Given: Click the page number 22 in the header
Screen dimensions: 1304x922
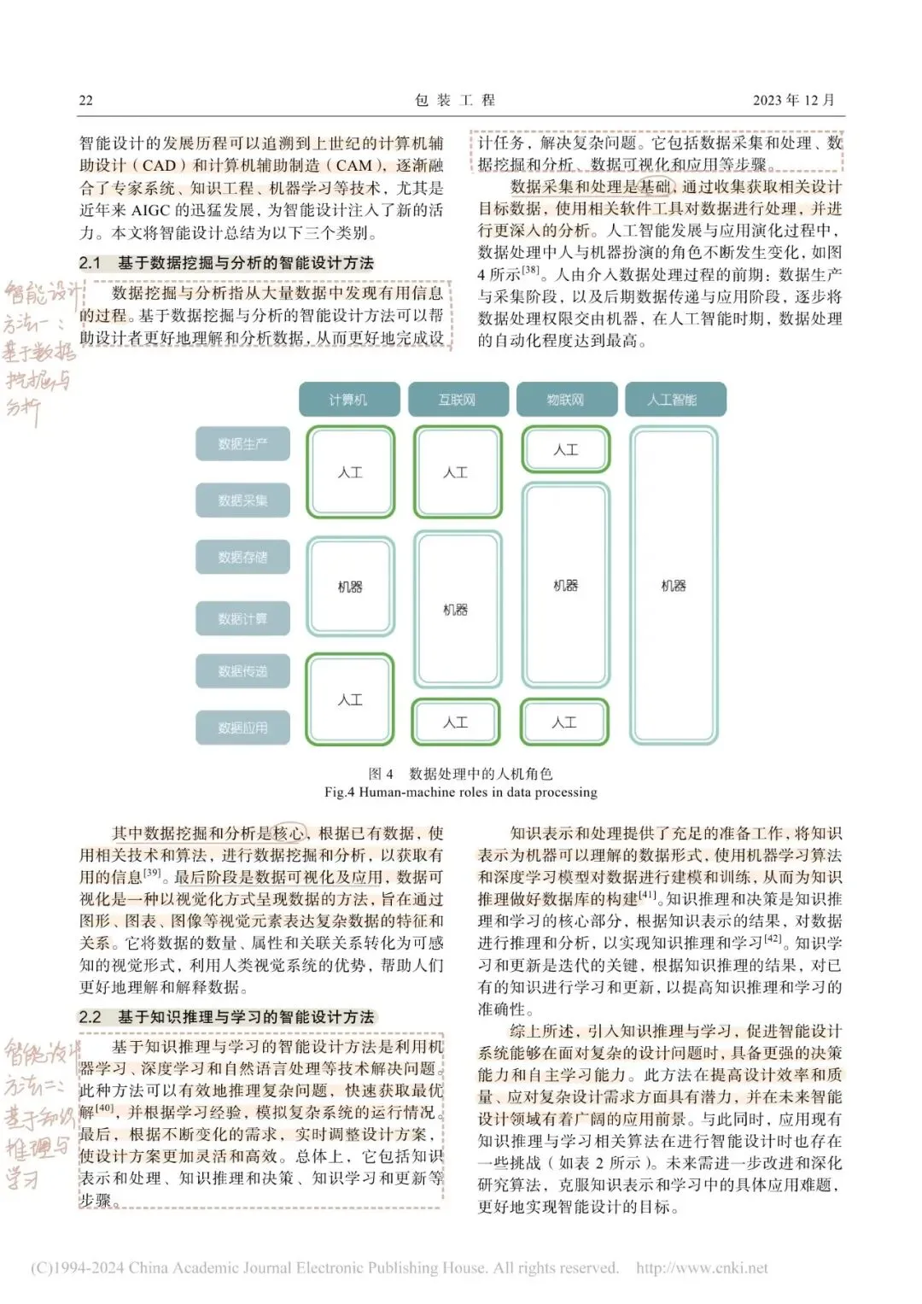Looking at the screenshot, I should pyautogui.click(x=86, y=100).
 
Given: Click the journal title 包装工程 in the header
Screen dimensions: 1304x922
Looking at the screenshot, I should pyautogui.click(x=455, y=100).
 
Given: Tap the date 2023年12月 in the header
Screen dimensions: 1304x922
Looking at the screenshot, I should pyautogui.click(x=793, y=100).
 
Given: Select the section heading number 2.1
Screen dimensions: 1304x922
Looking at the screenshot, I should pyautogui.click(x=90, y=263).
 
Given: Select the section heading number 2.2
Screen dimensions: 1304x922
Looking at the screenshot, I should pyautogui.click(x=90, y=1017).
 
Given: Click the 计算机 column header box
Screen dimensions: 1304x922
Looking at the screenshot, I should pyautogui.click(x=348, y=400).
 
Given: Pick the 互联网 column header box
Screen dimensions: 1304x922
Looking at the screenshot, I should pyautogui.click(x=457, y=400).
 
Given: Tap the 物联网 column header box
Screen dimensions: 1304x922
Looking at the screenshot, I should pyautogui.click(x=565, y=400).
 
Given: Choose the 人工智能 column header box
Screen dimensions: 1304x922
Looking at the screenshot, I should pyautogui.click(x=674, y=400).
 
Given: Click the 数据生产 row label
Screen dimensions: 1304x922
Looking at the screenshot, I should pyautogui.click(x=242, y=444).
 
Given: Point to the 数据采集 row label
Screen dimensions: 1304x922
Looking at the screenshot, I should pyautogui.click(x=242, y=500).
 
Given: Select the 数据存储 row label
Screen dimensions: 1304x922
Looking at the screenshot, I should pyautogui.click(x=242, y=557).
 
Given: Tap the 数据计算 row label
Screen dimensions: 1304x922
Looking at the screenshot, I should pyautogui.click(x=242, y=618).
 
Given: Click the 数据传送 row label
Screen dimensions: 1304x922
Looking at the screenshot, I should pyautogui.click(x=242, y=671).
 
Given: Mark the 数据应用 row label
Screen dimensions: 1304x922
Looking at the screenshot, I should pyautogui.click(x=242, y=728).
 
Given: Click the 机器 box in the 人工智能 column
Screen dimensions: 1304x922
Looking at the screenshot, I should pyautogui.click(x=674, y=586).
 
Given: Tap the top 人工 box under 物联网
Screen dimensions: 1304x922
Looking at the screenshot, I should pyautogui.click(x=566, y=450).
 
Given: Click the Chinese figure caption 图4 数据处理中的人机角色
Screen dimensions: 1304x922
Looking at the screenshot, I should pyautogui.click(x=460, y=774).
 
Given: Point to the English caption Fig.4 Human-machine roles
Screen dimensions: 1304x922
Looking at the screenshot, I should pyautogui.click(x=460, y=792).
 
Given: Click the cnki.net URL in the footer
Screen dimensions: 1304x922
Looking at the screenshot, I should pyautogui.click(x=702, y=1268).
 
